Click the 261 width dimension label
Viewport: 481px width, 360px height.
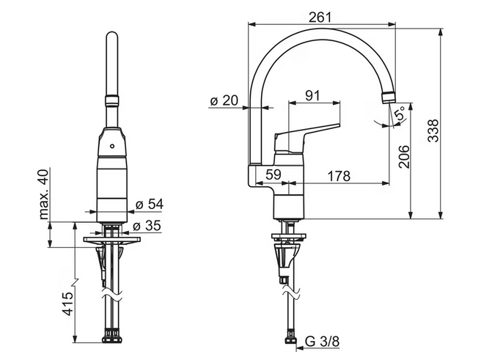click(320, 18)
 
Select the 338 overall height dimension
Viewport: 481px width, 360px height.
click(433, 131)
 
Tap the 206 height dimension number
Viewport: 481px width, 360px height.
click(404, 157)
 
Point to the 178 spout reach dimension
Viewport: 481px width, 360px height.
click(339, 176)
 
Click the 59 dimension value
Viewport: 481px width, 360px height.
click(273, 175)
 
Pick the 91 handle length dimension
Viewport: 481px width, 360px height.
click(312, 95)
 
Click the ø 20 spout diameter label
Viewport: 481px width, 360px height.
click(224, 100)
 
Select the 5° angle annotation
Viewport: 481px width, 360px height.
click(400, 112)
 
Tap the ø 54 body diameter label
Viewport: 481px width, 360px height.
click(150, 204)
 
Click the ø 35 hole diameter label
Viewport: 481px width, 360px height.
click(147, 226)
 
